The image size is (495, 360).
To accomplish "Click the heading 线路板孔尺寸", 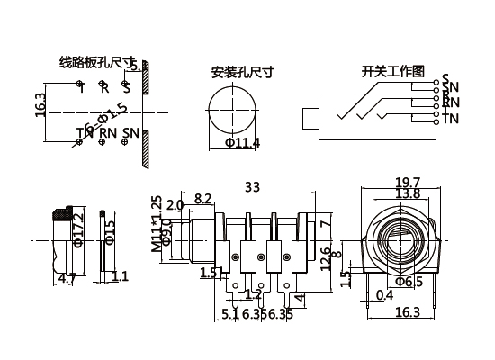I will [94, 63].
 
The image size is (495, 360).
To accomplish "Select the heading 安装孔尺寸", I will [242, 71].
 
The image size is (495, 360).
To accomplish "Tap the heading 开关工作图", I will [392, 71].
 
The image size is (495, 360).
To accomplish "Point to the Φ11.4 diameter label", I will [242, 143].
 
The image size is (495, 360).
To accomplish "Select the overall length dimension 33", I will [253, 187].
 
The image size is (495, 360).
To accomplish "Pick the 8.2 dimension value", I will [202, 198].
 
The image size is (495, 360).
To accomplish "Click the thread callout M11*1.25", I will [156, 222].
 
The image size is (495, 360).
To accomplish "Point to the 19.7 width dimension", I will [408, 183].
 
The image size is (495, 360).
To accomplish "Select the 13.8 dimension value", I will [408, 194].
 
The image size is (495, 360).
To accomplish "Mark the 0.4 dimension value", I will [385, 295].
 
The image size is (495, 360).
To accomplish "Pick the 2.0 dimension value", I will [175, 206].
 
